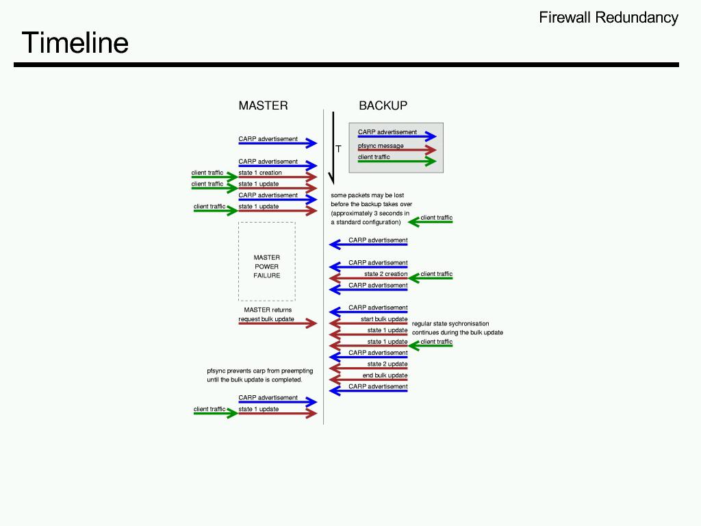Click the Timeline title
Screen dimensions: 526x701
pos(75,42)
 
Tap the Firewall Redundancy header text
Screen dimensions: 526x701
pos(609,18)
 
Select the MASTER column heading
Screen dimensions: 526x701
pos(263,105)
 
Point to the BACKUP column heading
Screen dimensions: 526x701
pos(383,105)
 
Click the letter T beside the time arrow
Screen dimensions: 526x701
pos(338,149)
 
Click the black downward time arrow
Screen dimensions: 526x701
pos(332,147)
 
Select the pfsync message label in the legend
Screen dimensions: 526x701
pos(381,146)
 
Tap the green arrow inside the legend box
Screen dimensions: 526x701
pos(397,162)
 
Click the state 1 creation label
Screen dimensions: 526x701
pos(260,173)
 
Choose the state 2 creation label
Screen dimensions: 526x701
pos(385,274)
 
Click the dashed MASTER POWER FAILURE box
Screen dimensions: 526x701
pos(267,261)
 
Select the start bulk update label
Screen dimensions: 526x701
pos(384,319)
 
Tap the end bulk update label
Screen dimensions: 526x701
pos(385,375)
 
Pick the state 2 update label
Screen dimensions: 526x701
pos(387,364)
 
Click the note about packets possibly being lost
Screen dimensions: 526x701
pos(370,209)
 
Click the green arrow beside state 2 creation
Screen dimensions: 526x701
pos(431,279)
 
